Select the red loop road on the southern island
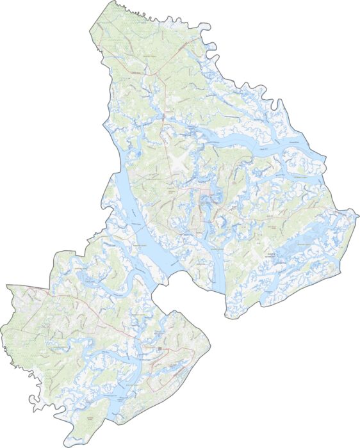click(173, 368)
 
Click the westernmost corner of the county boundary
click(6, 285)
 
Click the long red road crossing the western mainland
click(77, 307)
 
